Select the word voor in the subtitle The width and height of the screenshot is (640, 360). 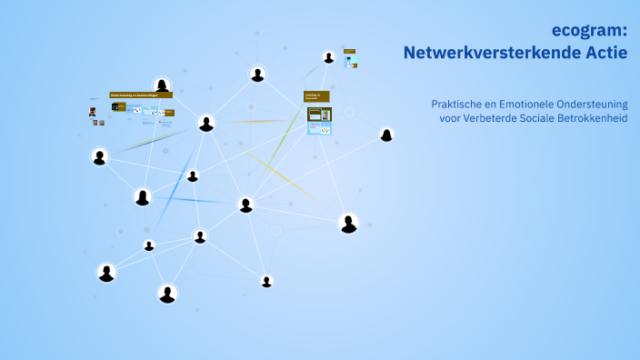(451, 119)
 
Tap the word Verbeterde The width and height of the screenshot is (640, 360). (495, 119)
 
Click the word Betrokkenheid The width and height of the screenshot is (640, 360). (599, 119)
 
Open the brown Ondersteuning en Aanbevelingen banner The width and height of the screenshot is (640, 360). (140, 95)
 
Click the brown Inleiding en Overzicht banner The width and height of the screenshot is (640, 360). (316, 95)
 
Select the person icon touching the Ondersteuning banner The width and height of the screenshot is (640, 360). (162, 85)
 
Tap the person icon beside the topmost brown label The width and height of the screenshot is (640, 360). (329, 57)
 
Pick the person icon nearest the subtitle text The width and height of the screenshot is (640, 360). (386, 135)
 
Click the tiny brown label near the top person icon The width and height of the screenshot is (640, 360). (349, 52)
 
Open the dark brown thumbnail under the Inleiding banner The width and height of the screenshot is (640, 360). (319, 115)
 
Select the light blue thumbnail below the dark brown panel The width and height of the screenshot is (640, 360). (319, 129)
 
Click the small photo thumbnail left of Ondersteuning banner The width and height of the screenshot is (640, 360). (93, 112)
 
